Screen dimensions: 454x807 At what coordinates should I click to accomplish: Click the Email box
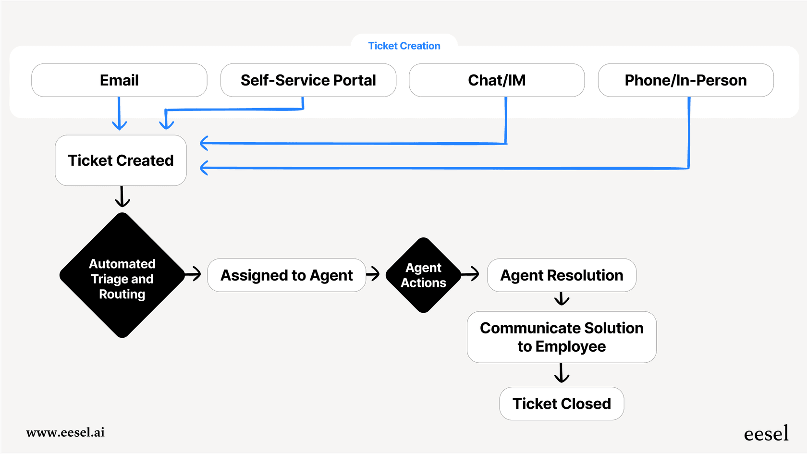click(x=119, y=80)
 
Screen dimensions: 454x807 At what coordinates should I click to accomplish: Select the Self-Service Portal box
click(x=308, y=80)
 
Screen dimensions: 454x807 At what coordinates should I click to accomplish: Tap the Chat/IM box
click(x=497, y=80)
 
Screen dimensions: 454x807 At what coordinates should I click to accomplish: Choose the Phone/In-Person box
click(x=685, y=80)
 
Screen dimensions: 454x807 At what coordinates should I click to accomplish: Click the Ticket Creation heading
click(x=404, y=46)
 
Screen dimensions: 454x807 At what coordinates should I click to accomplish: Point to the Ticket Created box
click(x=121, y=160)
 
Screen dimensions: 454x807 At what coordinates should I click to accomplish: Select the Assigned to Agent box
click(x=286, y=275)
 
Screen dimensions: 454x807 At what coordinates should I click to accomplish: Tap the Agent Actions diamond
click(x=423, y=275)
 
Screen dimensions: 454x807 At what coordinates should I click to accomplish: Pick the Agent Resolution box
click(x=562, y=275)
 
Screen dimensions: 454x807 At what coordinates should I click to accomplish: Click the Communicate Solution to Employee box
click(x=562, y=337)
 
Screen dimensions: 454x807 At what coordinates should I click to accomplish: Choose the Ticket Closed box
click(x=562, y=404)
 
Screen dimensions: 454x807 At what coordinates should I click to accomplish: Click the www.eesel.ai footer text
click(x=65, y=432)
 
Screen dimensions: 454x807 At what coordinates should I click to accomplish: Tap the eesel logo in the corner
click(x=766, y=433)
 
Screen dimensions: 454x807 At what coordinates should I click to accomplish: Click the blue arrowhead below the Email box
click(x=119, y=125)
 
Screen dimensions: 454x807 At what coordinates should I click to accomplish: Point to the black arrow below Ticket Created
click(x=122, y=197)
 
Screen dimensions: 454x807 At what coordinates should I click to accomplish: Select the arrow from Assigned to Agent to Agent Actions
click(x=373, y=274)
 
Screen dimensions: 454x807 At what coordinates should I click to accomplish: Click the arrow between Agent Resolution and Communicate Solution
click(x=562, y=299)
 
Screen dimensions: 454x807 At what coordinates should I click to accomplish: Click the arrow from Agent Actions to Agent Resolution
click(x=471, y=274)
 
